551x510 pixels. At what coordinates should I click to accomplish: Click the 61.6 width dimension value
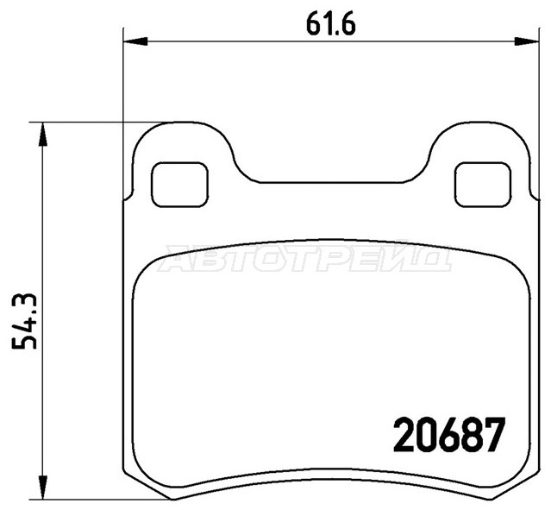point(330,25)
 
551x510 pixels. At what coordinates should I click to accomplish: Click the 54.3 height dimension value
point(25,321)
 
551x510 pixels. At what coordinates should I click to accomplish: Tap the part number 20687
point(448,435)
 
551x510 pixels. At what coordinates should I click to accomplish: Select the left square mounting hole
point(179,185)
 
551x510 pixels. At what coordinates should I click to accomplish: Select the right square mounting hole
point(483,185)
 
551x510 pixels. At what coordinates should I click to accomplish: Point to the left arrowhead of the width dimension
point(135,41)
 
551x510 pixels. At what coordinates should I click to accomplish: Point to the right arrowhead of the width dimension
point(527,41)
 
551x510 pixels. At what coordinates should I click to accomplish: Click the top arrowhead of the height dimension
point(42,134)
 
